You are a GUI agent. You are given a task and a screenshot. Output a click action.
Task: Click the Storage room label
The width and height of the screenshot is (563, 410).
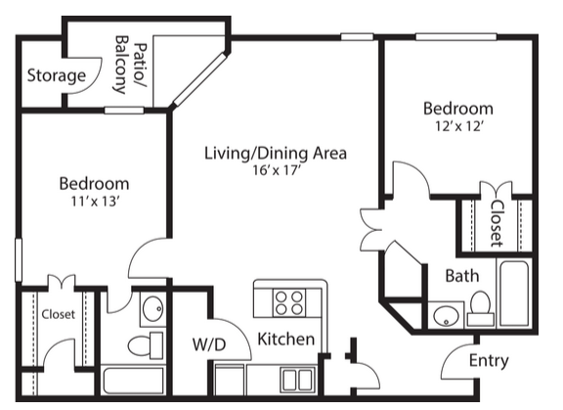(57, 75)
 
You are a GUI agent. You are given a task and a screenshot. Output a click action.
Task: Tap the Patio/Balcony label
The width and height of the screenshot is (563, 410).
(131, 65)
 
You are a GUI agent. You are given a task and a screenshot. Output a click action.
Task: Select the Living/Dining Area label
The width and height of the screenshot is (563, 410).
(276, 153)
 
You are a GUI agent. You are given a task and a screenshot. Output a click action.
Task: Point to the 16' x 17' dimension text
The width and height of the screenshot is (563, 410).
(276, 170)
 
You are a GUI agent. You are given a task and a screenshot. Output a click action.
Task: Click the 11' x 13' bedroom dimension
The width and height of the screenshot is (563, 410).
(95, 202)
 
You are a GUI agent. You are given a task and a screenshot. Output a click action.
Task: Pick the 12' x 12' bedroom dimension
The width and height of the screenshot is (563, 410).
(458, 126)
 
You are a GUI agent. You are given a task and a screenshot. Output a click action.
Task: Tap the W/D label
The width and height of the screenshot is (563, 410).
(209, 345)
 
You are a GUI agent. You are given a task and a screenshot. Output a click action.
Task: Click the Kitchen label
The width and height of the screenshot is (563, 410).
(286, 340)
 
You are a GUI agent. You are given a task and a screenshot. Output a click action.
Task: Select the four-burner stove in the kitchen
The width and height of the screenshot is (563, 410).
(289, 303)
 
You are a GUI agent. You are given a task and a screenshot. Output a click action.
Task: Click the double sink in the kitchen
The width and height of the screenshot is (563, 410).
(297, 380)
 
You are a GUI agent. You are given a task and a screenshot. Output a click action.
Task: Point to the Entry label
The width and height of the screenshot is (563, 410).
(489, 361)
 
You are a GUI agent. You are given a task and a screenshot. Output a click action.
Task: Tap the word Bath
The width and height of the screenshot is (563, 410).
(462, 276)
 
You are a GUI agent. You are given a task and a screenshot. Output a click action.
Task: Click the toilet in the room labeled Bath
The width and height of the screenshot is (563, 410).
(481, 308)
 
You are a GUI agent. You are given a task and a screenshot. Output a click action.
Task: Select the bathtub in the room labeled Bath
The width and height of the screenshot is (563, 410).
(514, 294)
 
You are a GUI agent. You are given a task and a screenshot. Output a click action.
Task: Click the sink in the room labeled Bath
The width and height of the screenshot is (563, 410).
(447, 316)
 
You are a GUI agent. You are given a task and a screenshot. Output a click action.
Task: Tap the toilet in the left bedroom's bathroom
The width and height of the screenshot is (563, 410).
(145, 345)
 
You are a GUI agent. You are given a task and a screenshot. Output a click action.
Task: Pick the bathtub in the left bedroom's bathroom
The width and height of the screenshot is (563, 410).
(133, 381)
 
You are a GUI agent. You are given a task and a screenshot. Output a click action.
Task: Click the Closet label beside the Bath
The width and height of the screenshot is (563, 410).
(498, 223)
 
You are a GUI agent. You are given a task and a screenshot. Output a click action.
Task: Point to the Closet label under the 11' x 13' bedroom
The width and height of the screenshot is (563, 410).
(59, 314)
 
